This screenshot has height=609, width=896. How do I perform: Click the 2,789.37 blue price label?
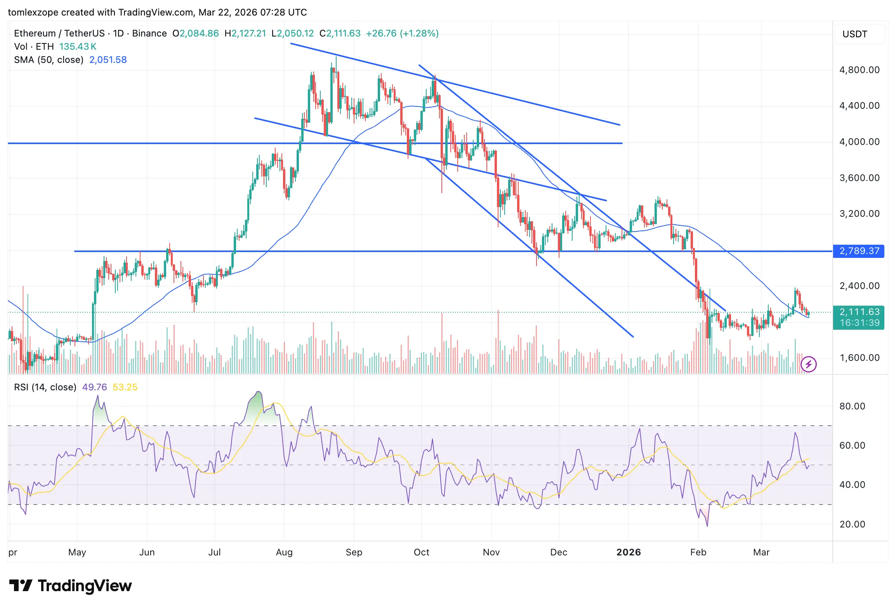[859, 251]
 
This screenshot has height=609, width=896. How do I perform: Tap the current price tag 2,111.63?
[859, 312]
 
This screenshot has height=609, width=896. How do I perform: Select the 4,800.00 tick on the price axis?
[859, 70]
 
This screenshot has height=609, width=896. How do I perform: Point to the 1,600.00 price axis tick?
[859, 358]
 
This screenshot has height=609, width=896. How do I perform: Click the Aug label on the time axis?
[284, 552]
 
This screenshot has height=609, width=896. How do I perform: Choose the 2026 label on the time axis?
[629, 552]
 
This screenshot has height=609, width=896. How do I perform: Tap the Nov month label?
[491, 552]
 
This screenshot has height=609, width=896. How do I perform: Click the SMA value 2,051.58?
[108, 60]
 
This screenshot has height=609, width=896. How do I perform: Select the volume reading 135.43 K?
[78, 47]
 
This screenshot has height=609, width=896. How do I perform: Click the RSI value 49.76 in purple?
[94, 387]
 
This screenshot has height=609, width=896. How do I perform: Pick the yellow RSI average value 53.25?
[125, 387]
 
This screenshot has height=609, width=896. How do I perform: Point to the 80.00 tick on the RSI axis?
[852, 406]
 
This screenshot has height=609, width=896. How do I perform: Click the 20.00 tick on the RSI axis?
[852, 524]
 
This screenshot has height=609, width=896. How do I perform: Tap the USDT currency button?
[854, 34]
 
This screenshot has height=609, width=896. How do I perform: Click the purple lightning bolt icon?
[809, 364]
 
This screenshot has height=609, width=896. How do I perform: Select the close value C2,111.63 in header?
[340, 33]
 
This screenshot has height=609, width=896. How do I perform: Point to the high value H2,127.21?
[245, 33]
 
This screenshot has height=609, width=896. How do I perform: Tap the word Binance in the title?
[149, 33]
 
